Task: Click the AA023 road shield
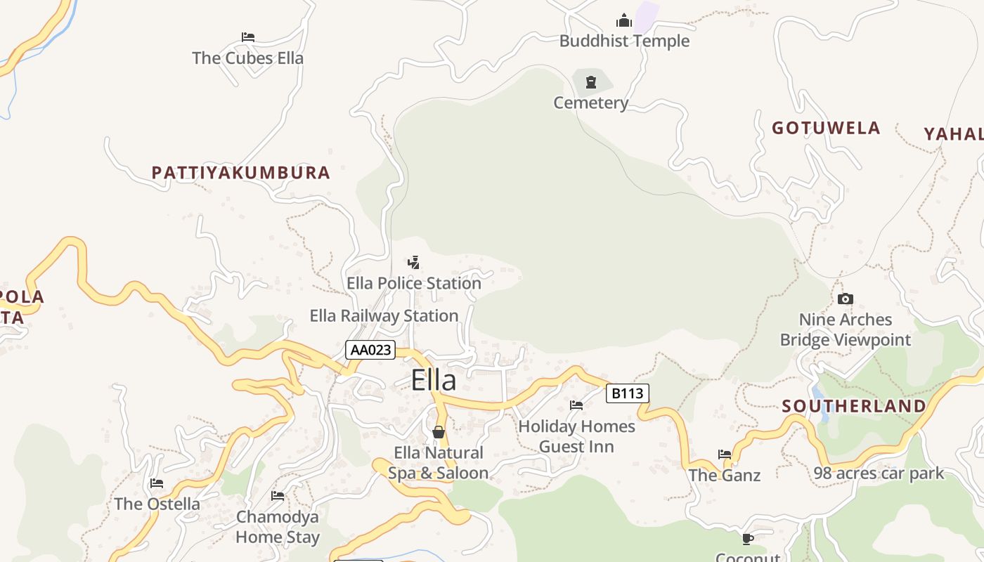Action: click(370, 350)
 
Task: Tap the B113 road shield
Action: click(627, 393)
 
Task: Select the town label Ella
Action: click(434, 380)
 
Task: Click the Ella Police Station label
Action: click(414, 283)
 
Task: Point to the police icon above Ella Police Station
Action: click(414, 263)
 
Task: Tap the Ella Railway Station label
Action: click(384, 316)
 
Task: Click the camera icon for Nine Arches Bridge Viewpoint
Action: click(846, 299)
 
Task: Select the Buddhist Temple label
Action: click(624, 41)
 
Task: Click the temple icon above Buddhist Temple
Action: click(623, 20)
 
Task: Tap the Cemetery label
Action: click(591, 103)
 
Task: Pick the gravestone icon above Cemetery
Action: click(591, 82)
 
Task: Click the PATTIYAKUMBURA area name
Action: click(241, 173)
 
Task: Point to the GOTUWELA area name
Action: click(826, 128)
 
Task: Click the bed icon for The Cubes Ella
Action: click(247, 37)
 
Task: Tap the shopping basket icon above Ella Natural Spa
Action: click(439, 432)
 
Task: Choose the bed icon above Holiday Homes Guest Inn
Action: click(576, 405)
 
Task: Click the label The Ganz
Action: click(725, 476)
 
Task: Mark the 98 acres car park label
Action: click(879, 473)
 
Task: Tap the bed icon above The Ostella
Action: click(157, 483)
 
